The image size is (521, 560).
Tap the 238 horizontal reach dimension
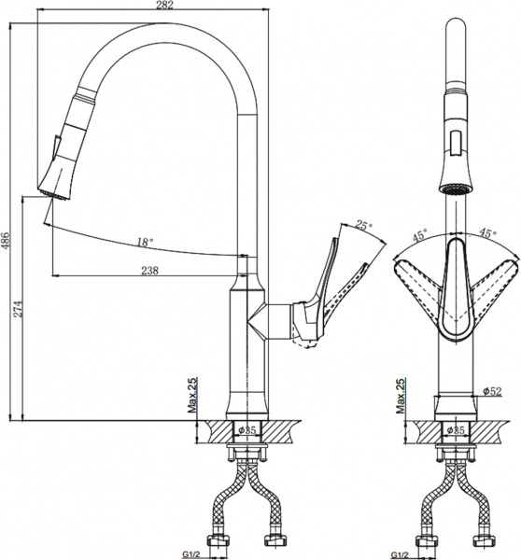pos(148,271)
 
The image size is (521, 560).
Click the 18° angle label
pos(144,243)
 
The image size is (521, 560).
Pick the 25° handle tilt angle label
pos(363,225)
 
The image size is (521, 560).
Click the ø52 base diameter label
pos(492,391)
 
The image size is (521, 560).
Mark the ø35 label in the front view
pos(456,429)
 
